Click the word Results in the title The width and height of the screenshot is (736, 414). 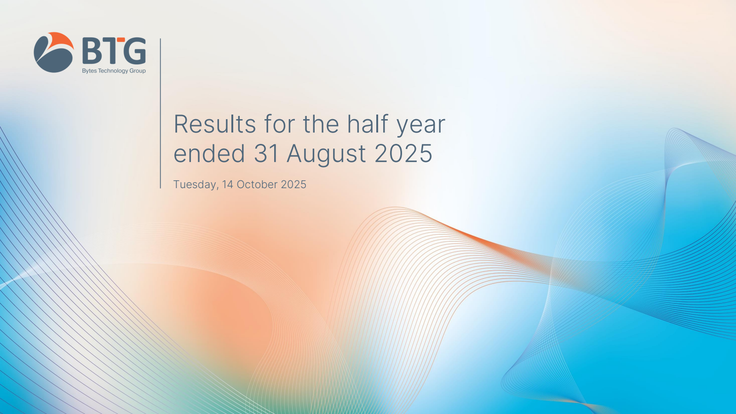pos(214,124)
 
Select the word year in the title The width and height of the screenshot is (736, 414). pos(421,126)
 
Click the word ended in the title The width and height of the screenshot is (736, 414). pos(209,153)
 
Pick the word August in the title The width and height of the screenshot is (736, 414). pos(326,155)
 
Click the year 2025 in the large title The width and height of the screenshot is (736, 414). pos(403,153)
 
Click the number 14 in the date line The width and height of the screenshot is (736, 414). pos(227,184)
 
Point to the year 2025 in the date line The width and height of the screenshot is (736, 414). pos(293,184)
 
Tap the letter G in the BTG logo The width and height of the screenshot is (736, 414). pos(133,50)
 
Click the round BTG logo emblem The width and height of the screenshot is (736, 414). pos(53,52)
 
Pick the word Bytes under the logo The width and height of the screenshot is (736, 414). pos(89,71)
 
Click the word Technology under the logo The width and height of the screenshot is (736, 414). pos(113,71)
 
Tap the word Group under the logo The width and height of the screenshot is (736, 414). pos(138,71)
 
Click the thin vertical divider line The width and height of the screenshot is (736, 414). pos(161,113)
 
